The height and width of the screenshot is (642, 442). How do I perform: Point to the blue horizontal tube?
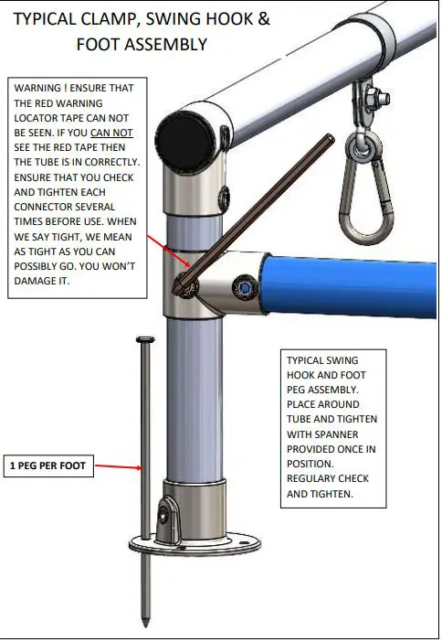pyautogui.click(x=348, y=285)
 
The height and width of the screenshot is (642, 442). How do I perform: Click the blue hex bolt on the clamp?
pyautogui.click(x=244, y=288)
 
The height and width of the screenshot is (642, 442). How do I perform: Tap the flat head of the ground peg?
pyautogui.click(x=145, y=339)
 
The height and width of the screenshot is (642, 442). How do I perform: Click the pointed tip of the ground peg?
pyautogui.click(x=145, y=625)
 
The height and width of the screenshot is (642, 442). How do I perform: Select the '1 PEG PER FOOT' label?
pyautogui.click(x=47, y=465)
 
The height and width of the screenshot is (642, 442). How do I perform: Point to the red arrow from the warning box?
pyautogui.click(x=169, y=251)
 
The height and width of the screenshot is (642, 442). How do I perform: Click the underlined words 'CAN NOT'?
pyautogui.click(x=111, y=133)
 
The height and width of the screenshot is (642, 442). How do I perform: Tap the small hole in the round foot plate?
pyautogui.click(x=244, y=543)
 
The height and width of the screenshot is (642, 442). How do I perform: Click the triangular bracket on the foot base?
pyautogui.click(x=164, y=512)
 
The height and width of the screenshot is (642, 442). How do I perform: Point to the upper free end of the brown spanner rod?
pyautogui.click(x=330, y=137)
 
